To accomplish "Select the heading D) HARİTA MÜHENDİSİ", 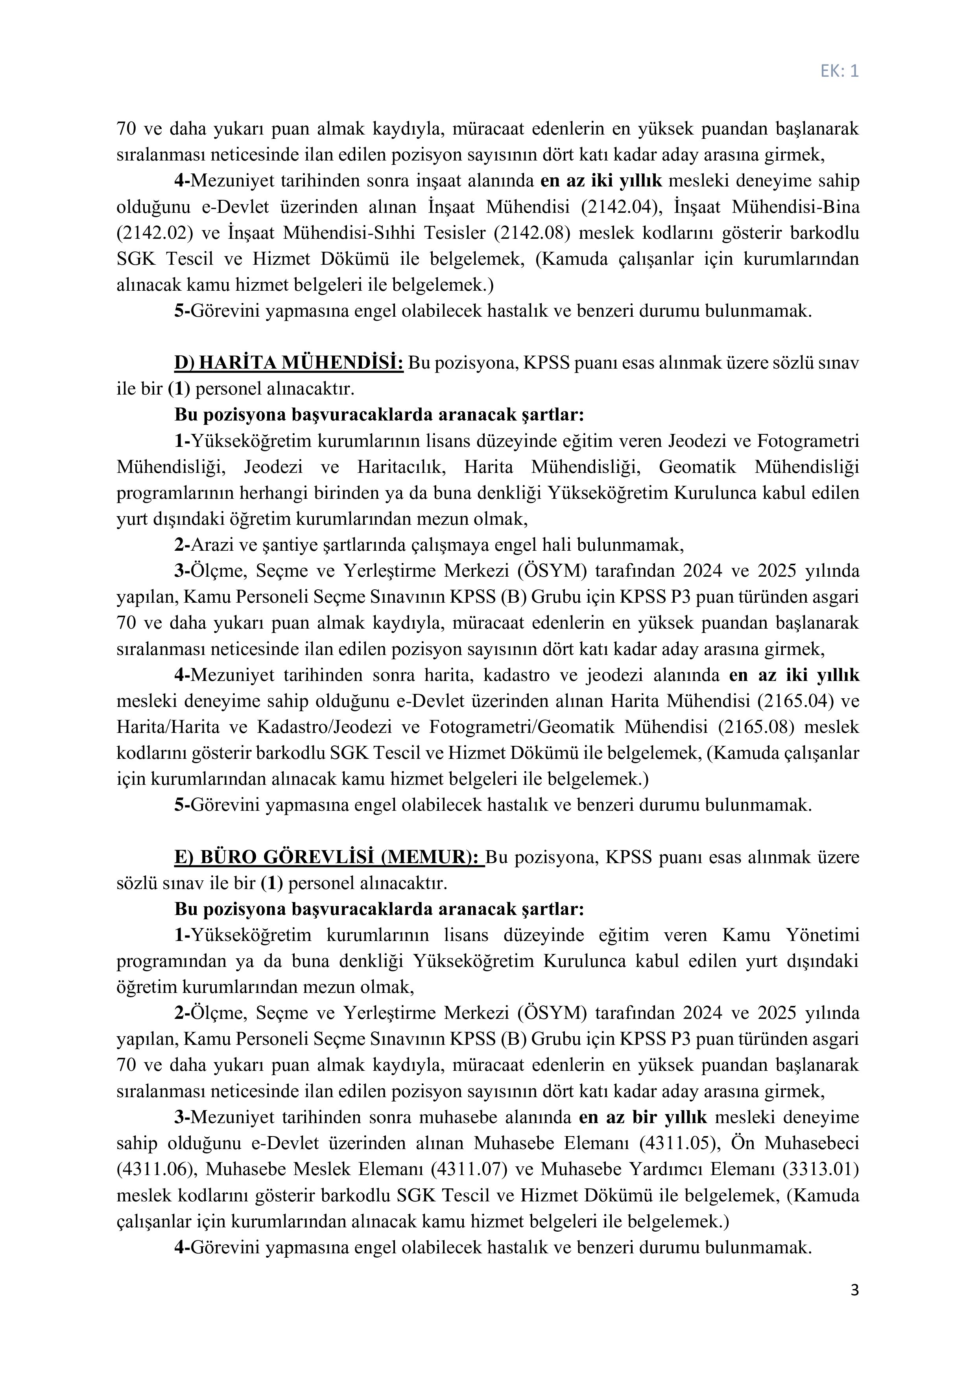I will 288,363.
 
